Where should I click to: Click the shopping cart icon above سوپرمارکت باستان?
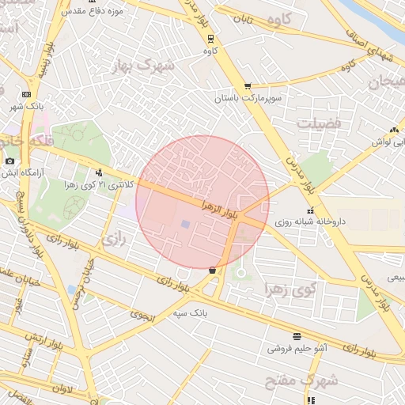click(248, 86)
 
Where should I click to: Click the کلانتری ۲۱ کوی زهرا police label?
click(99, 184)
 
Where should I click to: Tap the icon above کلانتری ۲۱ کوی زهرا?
click(99, 172)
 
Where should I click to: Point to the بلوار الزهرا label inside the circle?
click(219, 204)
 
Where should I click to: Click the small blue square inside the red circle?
click(185, 225)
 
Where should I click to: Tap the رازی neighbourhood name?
click(115, 237)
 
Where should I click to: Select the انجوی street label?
click(142, 316)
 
